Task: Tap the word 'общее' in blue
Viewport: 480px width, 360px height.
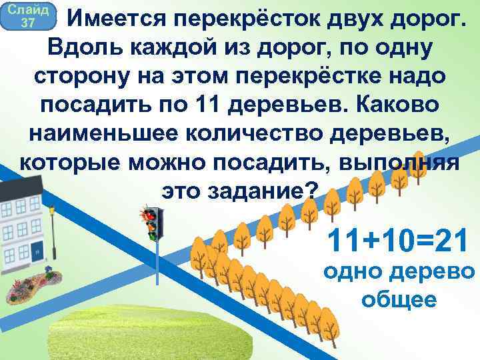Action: [x=399, y=300]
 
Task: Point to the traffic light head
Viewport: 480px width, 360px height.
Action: [x=153, y=223]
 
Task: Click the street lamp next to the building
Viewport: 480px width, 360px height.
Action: [x=53, y=233]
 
